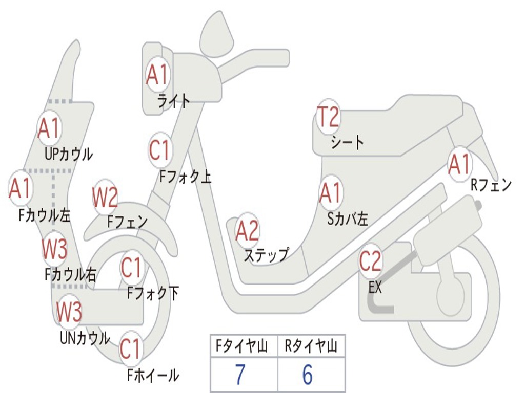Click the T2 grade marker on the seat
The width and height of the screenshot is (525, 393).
[328, 118]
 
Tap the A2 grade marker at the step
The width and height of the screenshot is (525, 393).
[247, 231]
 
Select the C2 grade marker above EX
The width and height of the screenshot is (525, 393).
[370, 261]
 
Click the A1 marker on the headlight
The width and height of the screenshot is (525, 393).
[157, 75]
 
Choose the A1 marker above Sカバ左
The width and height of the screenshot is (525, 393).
[330, 193]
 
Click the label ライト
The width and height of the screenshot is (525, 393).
[174, 101]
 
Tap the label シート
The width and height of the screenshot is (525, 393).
[348, 142]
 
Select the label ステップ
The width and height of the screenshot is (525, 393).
[266, 254]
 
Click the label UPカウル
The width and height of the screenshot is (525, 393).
[69, 154]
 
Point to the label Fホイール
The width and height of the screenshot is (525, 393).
[153, 376]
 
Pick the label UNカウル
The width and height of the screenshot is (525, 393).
[85, 338]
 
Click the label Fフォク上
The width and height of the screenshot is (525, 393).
[186, 177]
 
